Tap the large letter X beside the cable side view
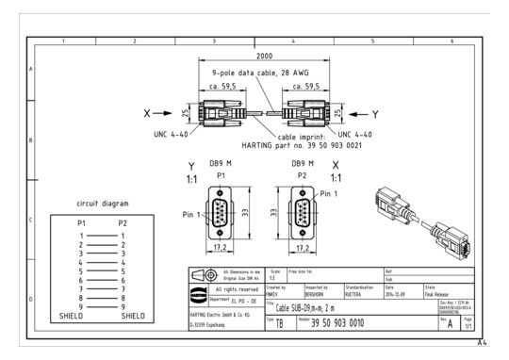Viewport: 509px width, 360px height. [x=146, y=113]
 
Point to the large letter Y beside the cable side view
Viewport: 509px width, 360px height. [x=375, y=113]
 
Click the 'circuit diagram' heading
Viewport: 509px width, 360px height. [x=102, y=203]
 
